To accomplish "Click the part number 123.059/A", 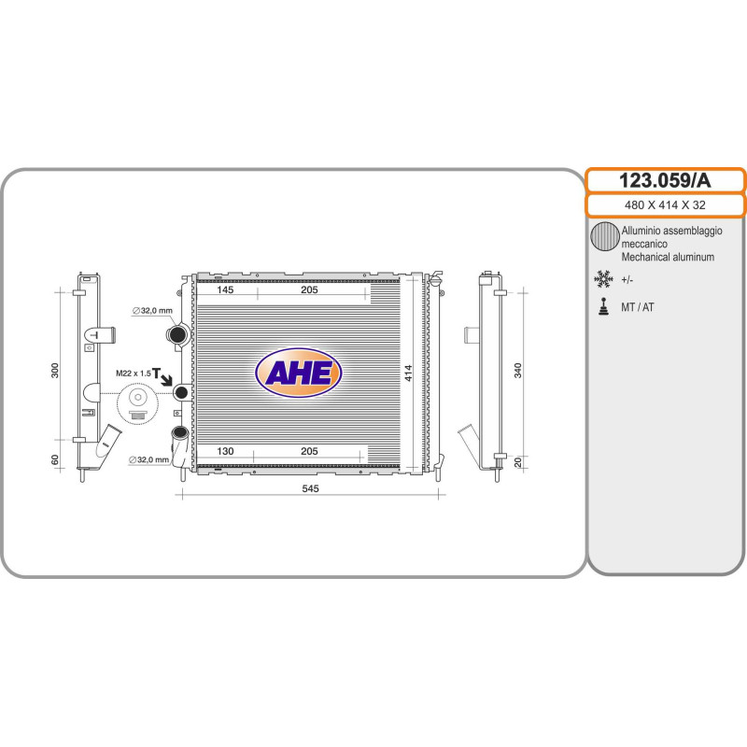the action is click(x=665, y=180).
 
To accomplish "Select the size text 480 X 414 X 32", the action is click(x=665, y=204).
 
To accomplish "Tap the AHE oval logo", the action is click(x=299, y=373).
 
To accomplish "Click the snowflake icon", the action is click(x=603, y=279).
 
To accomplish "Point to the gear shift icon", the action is click(x=603, y=307).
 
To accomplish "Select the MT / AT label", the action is click(x=638, y=307).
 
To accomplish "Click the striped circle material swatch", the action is click(x=605, y=237).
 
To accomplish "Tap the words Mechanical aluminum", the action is click(x=668, y=258).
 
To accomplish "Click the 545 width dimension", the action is click(x=310, y=488).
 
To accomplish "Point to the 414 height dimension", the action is click(x=408, y=373).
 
